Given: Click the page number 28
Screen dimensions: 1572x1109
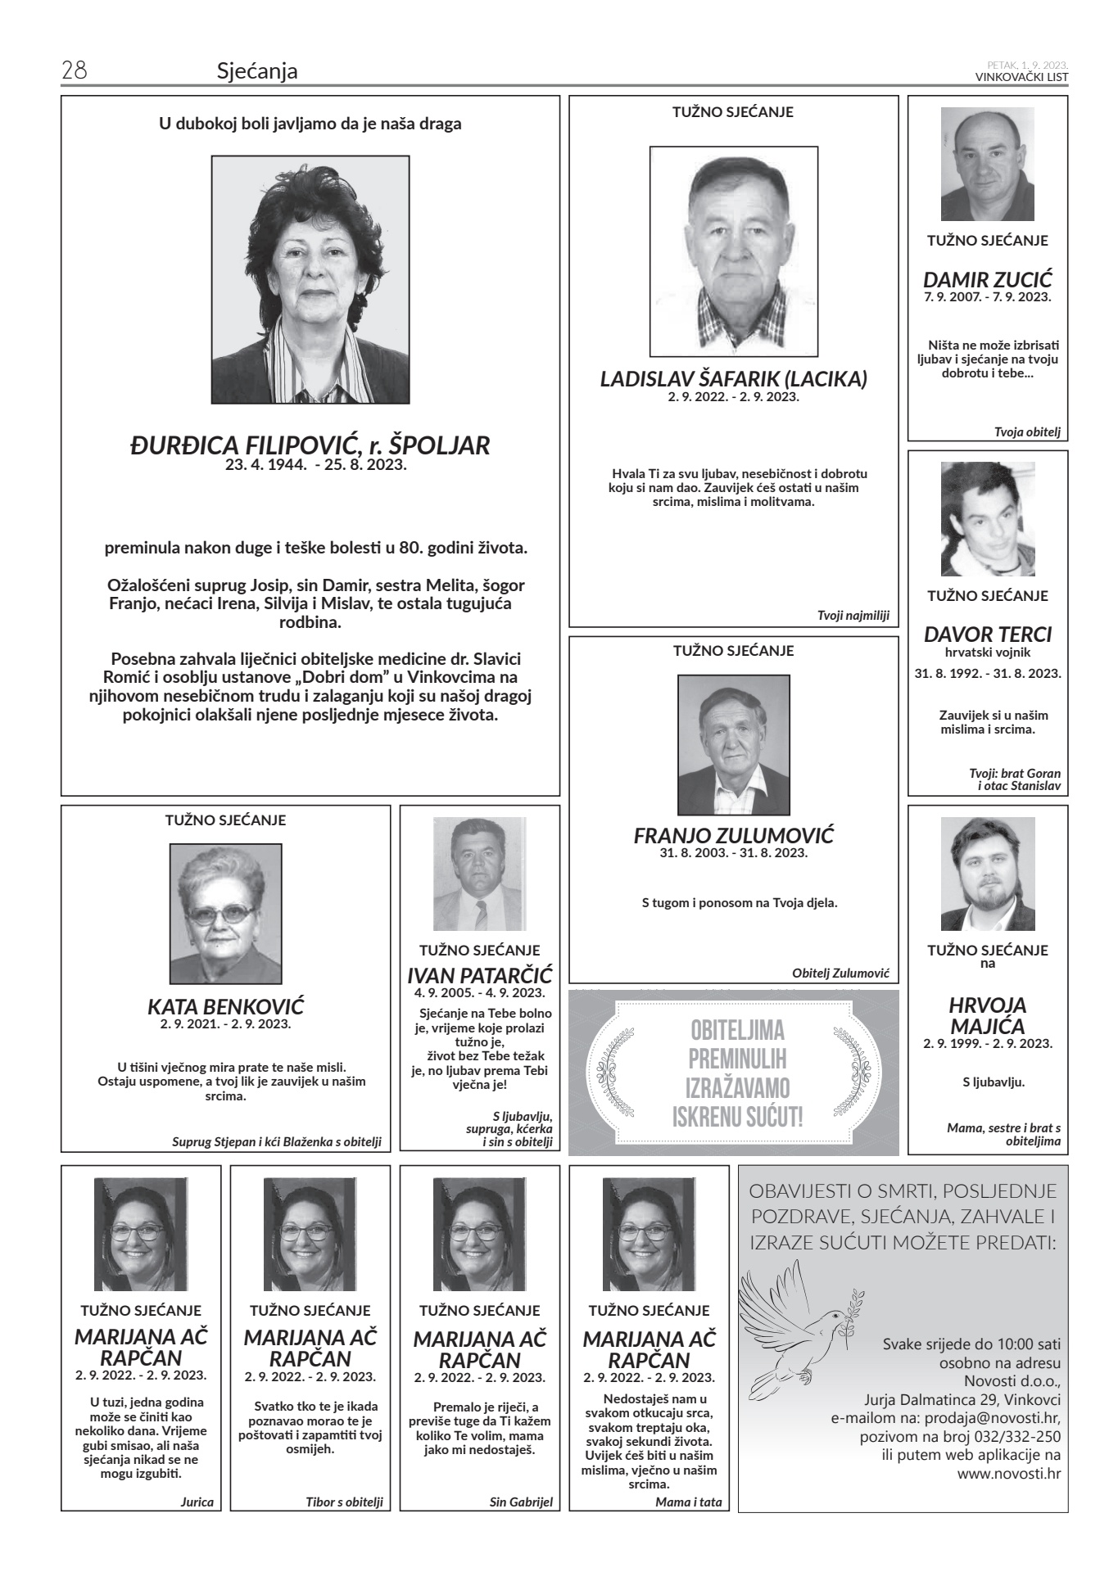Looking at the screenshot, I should click(75, 71).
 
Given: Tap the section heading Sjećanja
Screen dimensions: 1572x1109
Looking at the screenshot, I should click(257, 72).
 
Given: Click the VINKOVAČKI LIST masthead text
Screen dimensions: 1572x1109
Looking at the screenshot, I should click(1021, 77).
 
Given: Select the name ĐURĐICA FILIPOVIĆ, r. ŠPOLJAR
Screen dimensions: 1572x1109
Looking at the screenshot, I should click(310, 445).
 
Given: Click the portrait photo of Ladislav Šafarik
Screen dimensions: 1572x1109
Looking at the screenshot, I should click(733, 251).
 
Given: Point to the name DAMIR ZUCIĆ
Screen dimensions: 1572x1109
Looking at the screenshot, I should click(987, 280).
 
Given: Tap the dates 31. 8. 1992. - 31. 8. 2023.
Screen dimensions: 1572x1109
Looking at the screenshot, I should click(987, 674).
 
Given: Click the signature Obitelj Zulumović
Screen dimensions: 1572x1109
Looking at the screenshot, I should click(840, 973).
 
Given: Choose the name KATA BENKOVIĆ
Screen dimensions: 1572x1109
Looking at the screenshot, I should click(225, 1006).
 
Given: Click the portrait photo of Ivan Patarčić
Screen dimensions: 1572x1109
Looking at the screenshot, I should click(479, 874).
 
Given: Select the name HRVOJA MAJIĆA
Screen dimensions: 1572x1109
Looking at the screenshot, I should click(987, 1015).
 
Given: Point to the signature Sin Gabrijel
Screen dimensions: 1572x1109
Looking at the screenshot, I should click(521, 1502).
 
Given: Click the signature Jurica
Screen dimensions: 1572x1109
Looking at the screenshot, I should click(197, 1502).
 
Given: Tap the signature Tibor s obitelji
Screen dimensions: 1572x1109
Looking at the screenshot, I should click(344, 1502).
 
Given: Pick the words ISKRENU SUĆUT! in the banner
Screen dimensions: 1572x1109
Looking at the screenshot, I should click(737, 1117).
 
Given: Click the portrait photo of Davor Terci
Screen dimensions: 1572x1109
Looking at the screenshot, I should click(987, 519).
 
